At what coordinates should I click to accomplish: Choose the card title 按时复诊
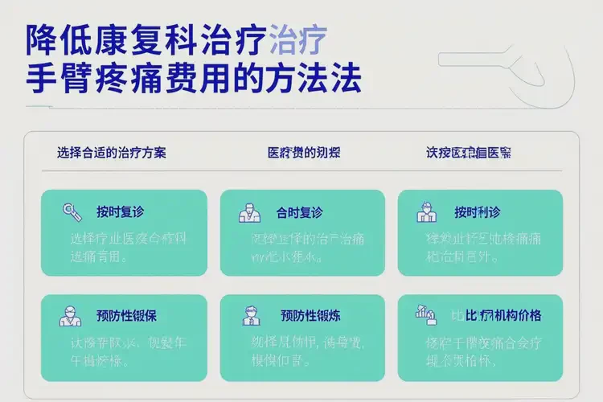coord(120,212)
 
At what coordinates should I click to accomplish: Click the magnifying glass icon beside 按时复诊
coord(72,212)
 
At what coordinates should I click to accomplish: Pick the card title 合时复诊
coord(299,213)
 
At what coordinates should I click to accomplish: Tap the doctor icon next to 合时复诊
coord(249,213)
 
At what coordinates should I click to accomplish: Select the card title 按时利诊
coord(477,212)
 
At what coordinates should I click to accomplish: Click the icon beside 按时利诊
coord(426,212)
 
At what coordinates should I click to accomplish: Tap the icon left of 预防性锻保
coord(70,316)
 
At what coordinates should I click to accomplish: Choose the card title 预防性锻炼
coord(307,315)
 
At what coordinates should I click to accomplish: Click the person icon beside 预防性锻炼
coord(252,315)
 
